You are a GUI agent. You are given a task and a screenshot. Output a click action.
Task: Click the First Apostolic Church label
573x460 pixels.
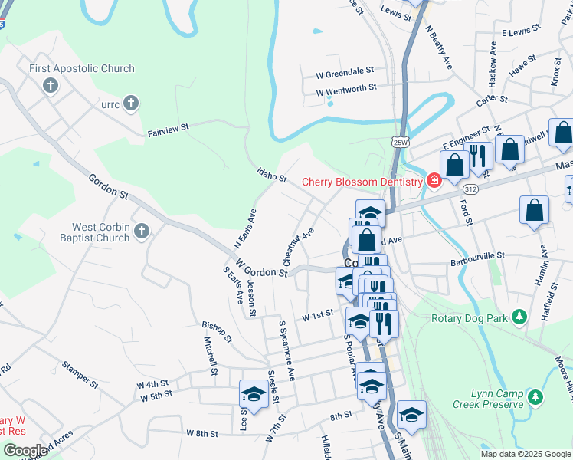(x=82, y=68)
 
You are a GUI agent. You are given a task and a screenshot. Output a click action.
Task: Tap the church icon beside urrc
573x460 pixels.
(x=131, y=103)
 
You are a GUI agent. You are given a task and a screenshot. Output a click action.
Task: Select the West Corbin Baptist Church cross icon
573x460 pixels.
(x=141, y=231)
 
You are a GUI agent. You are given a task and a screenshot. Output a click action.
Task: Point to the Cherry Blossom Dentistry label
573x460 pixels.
(x=362, y=182)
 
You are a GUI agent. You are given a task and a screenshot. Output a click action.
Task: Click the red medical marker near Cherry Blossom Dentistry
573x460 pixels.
(x=434, y=181)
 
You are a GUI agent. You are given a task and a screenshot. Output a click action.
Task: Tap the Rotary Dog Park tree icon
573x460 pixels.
(x=519, y=316)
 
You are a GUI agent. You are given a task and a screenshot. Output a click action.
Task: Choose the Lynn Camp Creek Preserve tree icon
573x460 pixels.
(x=535, y=396)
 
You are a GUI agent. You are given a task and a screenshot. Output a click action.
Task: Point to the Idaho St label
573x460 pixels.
(x=272, y=177)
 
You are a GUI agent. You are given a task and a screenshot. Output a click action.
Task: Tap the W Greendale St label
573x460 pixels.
(x=345, y=72)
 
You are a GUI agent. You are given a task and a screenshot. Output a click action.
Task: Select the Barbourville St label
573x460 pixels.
(x=479, y=255)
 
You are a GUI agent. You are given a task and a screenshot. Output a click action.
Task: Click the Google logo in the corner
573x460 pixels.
(x=25, y=450)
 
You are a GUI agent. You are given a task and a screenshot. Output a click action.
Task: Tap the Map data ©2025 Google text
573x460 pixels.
(x=525, y=454)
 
